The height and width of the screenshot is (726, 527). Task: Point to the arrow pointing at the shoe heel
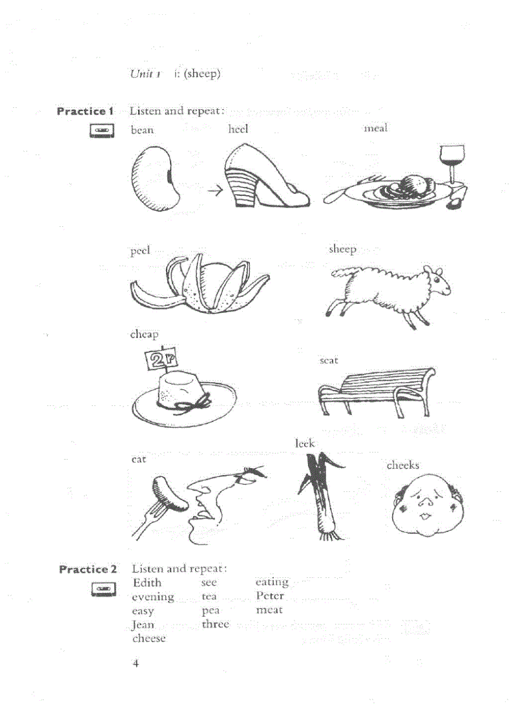tap(214, 191)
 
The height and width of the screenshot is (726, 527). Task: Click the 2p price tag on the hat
tap(160, 359)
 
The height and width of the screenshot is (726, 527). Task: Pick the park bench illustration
tap(377, 390)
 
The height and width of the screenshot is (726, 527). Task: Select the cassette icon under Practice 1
tap(101, 130)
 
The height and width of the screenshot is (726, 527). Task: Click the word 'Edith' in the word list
tap(147, 582)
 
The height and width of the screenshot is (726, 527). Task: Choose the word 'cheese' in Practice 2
tap(149, 638)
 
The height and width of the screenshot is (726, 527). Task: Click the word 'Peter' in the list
tap(269, 596)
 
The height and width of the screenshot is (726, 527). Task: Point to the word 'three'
tap(215, 625)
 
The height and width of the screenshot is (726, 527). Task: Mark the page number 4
tap(136, 663)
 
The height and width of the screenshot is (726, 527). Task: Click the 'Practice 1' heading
tap(85, 111)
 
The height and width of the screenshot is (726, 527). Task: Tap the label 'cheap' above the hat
tap(144, 334)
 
